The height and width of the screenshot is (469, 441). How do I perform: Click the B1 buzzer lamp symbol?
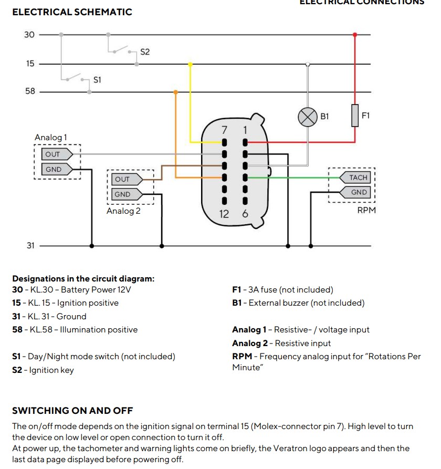tap(308, 117)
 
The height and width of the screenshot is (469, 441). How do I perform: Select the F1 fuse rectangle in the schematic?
tap(355, 116)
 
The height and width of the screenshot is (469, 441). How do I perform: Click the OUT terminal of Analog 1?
tap(54, 154)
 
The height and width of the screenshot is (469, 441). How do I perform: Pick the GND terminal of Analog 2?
tap(123, 194)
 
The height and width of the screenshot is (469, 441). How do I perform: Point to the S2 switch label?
tap(145, 52)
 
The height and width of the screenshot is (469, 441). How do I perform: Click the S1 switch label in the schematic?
tap(97, 80)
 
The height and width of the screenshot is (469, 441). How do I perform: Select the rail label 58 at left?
tap(30, 91)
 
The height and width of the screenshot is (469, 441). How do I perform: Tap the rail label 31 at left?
tap(30, 245)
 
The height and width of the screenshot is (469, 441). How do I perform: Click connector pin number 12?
tap(224, 214)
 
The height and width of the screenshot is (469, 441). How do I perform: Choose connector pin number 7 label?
tap(224, 129)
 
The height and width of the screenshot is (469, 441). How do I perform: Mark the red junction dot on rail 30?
tap(355, 35)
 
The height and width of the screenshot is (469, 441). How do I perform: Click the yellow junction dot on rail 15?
tap(190, 64)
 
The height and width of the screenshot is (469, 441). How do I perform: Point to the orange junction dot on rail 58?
tap(175, 92)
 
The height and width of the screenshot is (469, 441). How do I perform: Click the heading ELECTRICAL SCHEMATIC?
tap(72, 12)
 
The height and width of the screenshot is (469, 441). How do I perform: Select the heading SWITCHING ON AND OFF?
tap(72, 411)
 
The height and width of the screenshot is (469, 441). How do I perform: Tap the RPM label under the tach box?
tap(366, 210)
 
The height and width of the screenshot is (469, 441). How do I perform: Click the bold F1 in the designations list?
tap(236, 289)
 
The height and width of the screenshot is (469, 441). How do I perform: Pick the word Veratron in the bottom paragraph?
tap(298, 448)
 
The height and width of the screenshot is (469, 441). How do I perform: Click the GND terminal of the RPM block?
tap(359, 192)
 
